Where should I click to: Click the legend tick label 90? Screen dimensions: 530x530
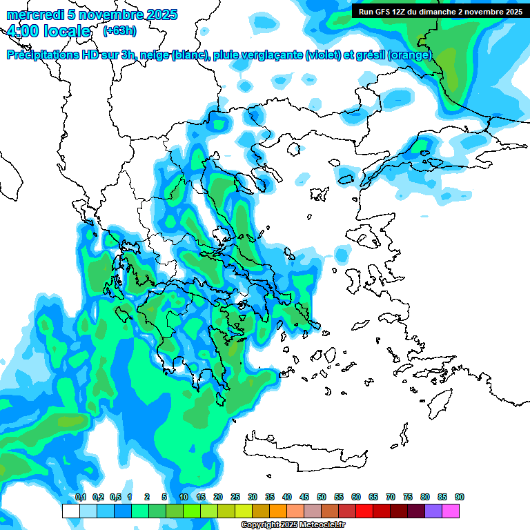[460, 497]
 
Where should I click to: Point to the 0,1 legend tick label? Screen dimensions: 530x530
[81, 497]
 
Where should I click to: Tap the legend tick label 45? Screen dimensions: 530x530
[304, 497]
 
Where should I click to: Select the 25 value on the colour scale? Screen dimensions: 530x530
[235, 497]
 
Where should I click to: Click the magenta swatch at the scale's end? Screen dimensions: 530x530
[451, 511]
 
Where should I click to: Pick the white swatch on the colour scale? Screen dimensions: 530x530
[71, 511]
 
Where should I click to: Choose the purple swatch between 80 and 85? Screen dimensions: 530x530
[433, 511]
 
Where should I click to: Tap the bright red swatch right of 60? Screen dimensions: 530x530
[364, 511]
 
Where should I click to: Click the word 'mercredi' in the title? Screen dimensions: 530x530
[32, 14]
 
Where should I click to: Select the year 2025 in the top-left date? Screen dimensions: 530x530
[158, 14]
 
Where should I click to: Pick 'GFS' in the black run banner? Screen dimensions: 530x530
[382, 12]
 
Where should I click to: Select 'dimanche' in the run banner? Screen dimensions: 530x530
[438, 12]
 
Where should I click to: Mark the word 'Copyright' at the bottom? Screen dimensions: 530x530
[262, 525]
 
